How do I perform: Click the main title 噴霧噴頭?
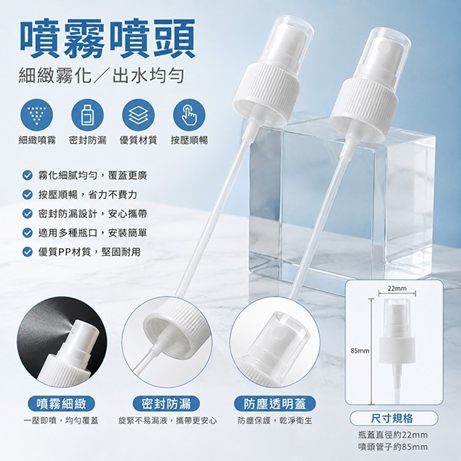(x=108, y=38)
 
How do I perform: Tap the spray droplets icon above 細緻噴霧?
(x=37, y=115)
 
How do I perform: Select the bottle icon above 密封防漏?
(x=88, y=115)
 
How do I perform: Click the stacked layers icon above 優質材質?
(x=138, y=115)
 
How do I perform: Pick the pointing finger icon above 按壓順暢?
(x=189, y=115)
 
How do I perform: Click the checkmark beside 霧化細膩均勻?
(x=28, y=176)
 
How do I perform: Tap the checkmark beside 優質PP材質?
(x=28, y=252)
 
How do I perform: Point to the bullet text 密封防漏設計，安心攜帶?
(x=92, y=214)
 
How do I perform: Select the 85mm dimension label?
(x=360, y=350)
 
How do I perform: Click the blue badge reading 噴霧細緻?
(x=61, y=403)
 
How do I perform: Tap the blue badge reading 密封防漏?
(x=166, y=403)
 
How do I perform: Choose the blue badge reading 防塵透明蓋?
(x=274, y=403)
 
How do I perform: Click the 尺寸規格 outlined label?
(x=393, y=419)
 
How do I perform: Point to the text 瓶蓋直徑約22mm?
(x=393, y=435)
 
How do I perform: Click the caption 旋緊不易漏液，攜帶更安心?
(x=167, y=421)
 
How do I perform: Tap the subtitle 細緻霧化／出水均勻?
(x=101, y=75)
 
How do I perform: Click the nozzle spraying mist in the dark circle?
(x=77, y=335)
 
